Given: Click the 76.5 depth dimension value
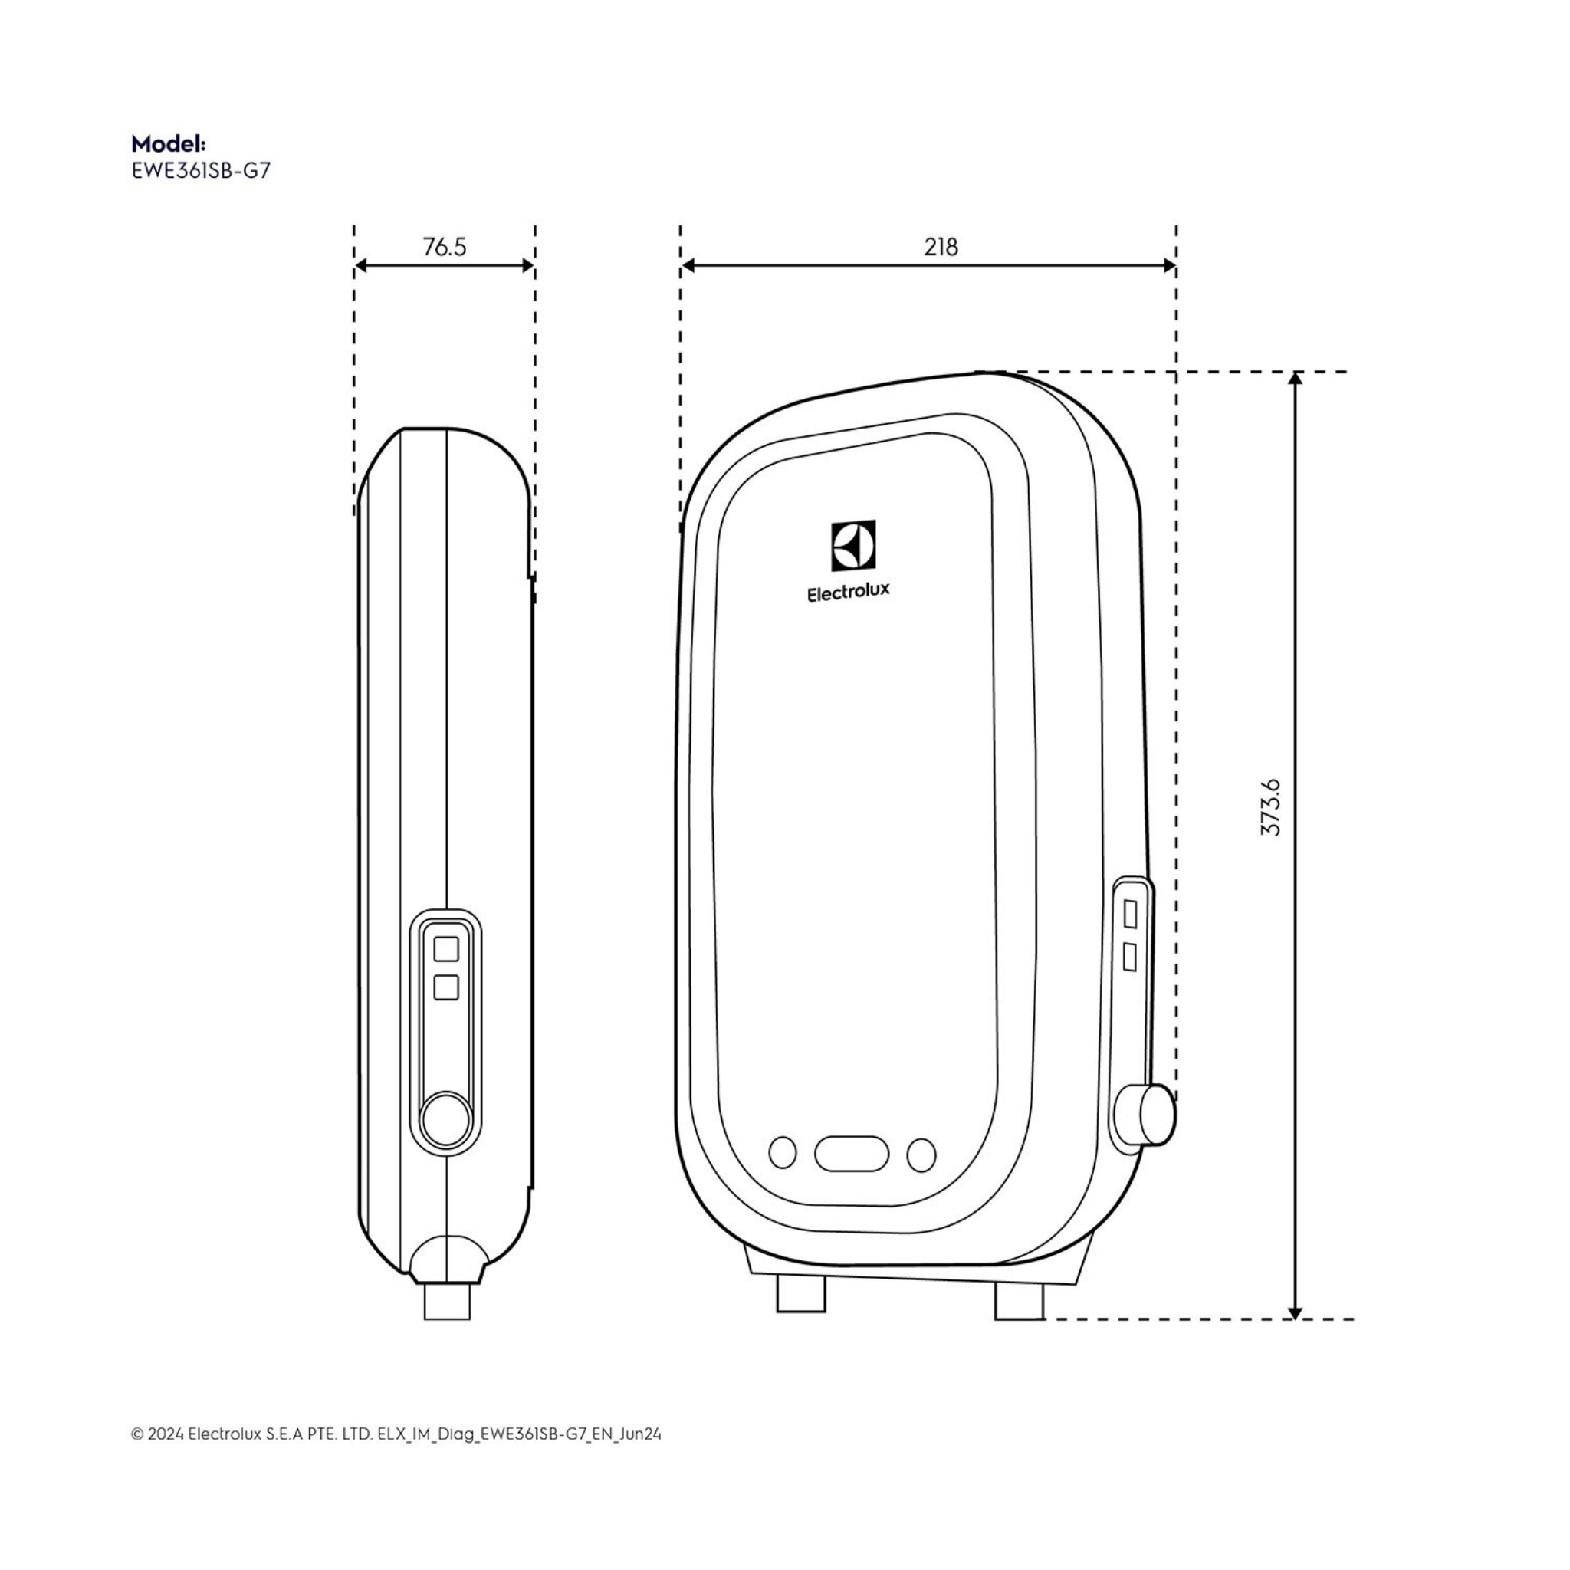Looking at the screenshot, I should [x=445, y=246].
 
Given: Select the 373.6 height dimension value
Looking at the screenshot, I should [x=1270, y=807].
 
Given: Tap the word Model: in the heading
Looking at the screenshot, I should [x=169, y=144].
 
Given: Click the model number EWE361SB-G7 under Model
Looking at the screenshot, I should [x=201, y=172].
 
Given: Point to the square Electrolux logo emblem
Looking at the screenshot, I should [x=853, y=545].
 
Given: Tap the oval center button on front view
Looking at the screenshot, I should [x=852, y=1154].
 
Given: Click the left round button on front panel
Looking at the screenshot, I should [x=782, y=1152].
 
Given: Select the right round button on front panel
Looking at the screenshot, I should [x=921, y=1155].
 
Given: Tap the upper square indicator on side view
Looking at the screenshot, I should [x=446, y=949].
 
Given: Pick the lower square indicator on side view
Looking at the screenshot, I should [x=446, y=987].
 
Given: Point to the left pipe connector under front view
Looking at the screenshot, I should [x=800, y=1294].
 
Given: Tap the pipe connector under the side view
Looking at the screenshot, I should [x=447, y=1301].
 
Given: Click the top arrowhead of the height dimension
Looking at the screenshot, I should [x=1296, y=379].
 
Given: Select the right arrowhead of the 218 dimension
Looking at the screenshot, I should [x=1169, y=266].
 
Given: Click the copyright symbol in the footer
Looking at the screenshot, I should [x=136, y=1434].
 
